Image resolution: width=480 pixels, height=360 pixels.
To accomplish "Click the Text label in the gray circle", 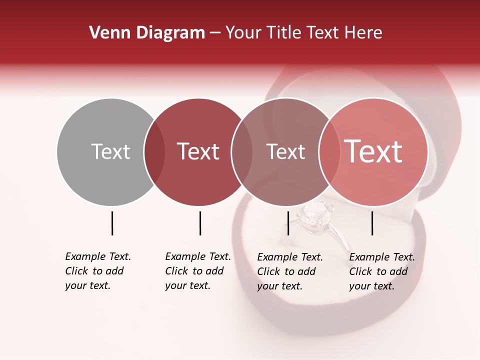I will click(x=110, y=151).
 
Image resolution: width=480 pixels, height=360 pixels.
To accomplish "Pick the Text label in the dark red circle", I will click(x=198, y=151).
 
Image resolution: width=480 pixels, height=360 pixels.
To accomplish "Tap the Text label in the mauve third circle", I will click(x=285, y=151).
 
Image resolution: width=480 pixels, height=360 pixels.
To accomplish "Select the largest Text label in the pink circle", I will click(x=373, y=151).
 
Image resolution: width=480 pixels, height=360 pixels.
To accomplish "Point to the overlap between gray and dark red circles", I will click(x=154, y=151).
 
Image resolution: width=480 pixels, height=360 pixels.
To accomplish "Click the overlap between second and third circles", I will click(x=242, y=151).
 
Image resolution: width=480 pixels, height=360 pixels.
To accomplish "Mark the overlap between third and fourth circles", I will click(x=329, y=151).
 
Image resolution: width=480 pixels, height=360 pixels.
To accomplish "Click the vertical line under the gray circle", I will click(x=112, y=223).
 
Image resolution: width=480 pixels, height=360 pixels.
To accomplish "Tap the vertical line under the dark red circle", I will click(x=200, y=223).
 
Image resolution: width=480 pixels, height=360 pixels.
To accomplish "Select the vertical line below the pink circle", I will click(x=372, y=223).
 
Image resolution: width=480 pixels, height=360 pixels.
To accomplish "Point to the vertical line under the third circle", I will click(x=288, y=223).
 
